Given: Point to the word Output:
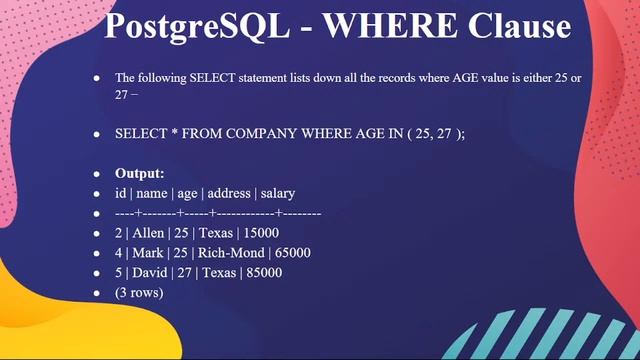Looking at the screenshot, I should [140, 173].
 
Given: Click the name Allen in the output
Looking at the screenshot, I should [152, 232].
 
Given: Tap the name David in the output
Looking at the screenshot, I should [154, 272].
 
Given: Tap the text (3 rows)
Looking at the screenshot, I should [139, 292].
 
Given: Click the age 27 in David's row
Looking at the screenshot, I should [190, 272].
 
